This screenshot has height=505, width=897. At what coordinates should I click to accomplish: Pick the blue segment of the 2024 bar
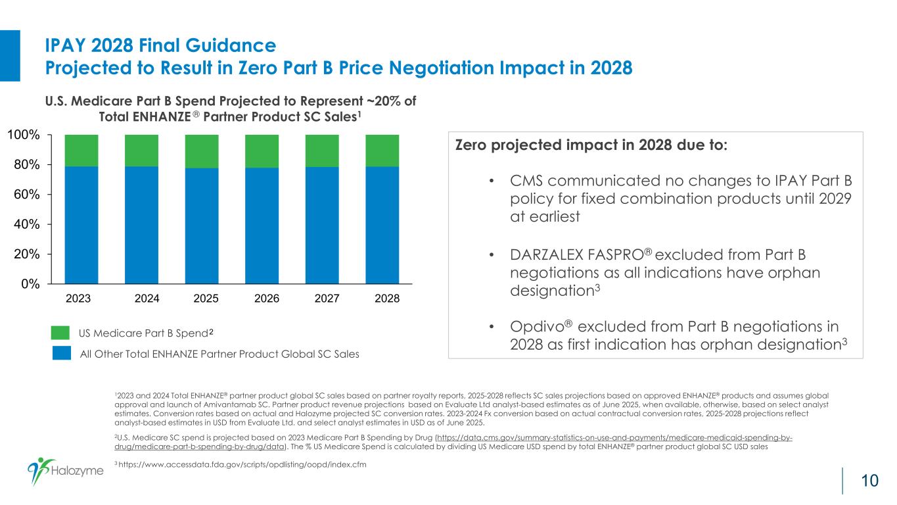pos(141,225)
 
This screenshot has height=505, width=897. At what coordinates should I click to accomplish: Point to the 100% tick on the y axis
pos(27,135)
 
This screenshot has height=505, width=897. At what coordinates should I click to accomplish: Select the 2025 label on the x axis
pos(206,299)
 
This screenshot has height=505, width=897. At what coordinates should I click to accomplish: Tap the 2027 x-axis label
pos(327,299)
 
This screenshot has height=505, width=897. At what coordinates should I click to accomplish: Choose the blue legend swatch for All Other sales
pos(61,354)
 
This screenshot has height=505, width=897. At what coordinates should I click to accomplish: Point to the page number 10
pos(869,481)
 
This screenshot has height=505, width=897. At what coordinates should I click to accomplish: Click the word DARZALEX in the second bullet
pos(546,254)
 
